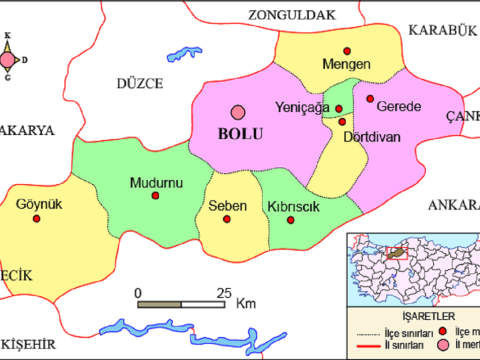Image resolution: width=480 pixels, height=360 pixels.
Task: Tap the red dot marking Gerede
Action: [x=370, y=99]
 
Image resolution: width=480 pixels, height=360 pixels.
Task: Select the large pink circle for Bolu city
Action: [x=239, y=114]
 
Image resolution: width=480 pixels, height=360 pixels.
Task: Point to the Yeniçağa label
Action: [x=301, y=108]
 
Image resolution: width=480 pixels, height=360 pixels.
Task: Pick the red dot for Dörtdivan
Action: [x=347, y=120]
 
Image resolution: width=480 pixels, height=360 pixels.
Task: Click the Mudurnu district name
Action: [x=154, y=182]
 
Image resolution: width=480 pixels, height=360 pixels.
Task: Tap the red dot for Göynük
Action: [x=37, y=217]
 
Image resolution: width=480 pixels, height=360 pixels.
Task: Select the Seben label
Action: [x=226, y=206]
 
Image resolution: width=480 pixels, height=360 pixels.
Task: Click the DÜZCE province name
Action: [x=139, y=83]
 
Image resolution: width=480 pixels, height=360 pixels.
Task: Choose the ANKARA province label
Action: [x=454, y=204]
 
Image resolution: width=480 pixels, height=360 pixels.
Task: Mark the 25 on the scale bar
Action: [x=224, y=293]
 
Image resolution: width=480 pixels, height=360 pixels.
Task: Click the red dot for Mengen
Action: [x=347, y=51]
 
